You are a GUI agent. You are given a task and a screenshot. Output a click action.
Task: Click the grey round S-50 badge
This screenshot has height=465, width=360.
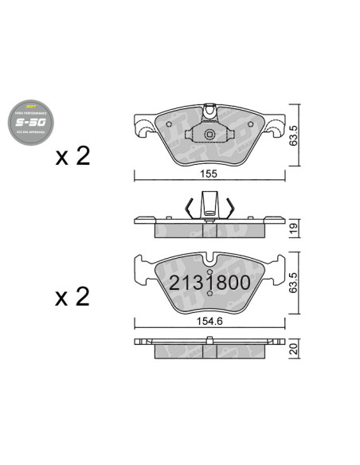(x=30, y=120)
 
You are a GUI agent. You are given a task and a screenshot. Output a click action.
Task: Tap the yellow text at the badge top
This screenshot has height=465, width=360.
(x=30, y=105)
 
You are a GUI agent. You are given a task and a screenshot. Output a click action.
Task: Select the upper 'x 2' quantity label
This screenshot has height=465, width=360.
(x=72, y=156)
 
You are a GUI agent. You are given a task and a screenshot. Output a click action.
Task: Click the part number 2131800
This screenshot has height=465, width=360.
(x=209, y=282)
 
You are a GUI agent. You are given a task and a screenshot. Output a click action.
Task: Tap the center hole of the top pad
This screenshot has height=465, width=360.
(x=209, y=135)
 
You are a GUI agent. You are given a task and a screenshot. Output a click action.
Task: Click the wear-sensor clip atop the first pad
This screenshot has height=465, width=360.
(x=209, y=109)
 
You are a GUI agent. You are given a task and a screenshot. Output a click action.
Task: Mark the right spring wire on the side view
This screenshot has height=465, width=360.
(x=229, y=208)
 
